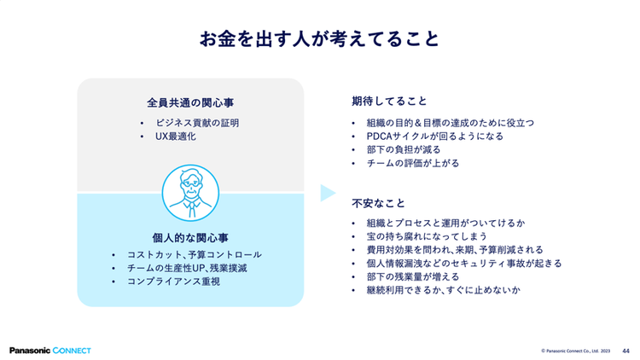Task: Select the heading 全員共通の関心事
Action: pyautogui.click(x=190, y=102)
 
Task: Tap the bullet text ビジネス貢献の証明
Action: pyautogui.click(x=196, y=123)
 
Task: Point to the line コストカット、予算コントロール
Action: pyautogui.click(x=194, y=254)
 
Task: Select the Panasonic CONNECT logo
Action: pyautogui.click(x=49, y=350)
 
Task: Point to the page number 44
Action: pyautogui.click(x=625, y=350)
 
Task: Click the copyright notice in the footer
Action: pyautogui.click(x=575, y=350)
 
